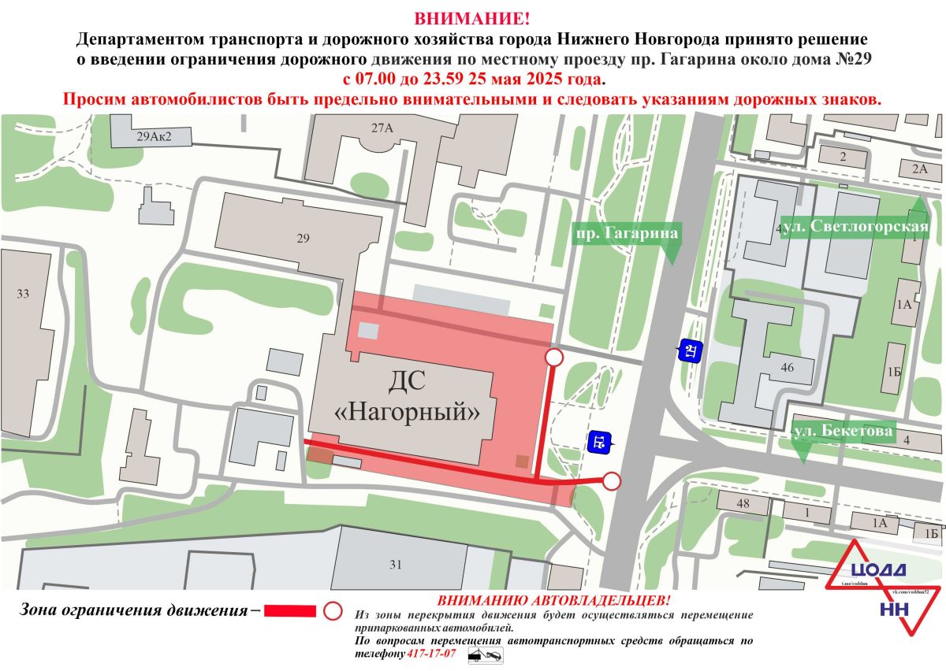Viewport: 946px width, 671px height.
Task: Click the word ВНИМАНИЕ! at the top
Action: point(472,18)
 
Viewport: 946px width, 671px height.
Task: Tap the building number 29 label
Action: point(304,239)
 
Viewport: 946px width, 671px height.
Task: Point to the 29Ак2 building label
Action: point(153,137)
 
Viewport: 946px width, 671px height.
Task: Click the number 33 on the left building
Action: point(23,294)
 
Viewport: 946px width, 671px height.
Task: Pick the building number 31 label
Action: point(395,564)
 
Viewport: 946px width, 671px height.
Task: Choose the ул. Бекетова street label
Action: point(843,432)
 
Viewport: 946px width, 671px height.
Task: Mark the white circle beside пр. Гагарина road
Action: point(612,480)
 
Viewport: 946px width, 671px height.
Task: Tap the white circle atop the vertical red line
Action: point(554,358)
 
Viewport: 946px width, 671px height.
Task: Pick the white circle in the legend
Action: point(333,610)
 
